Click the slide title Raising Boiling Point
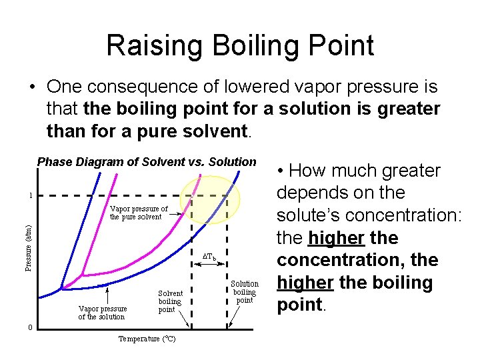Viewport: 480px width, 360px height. (240, 45)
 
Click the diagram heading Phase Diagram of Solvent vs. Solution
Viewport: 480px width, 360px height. (147, 162)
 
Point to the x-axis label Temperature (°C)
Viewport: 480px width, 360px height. (147, 339)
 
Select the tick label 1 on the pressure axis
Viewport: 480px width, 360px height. (29, 196)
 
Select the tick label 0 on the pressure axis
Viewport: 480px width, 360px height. (29, 327)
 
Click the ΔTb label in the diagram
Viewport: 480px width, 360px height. (209, 256)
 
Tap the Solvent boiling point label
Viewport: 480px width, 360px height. (170, 301)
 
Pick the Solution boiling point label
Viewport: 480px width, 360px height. (245, 292)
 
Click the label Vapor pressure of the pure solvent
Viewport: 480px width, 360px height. (138, 213)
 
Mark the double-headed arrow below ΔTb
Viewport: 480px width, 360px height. (209, 266)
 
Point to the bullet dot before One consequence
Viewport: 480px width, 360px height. (31, 87)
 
